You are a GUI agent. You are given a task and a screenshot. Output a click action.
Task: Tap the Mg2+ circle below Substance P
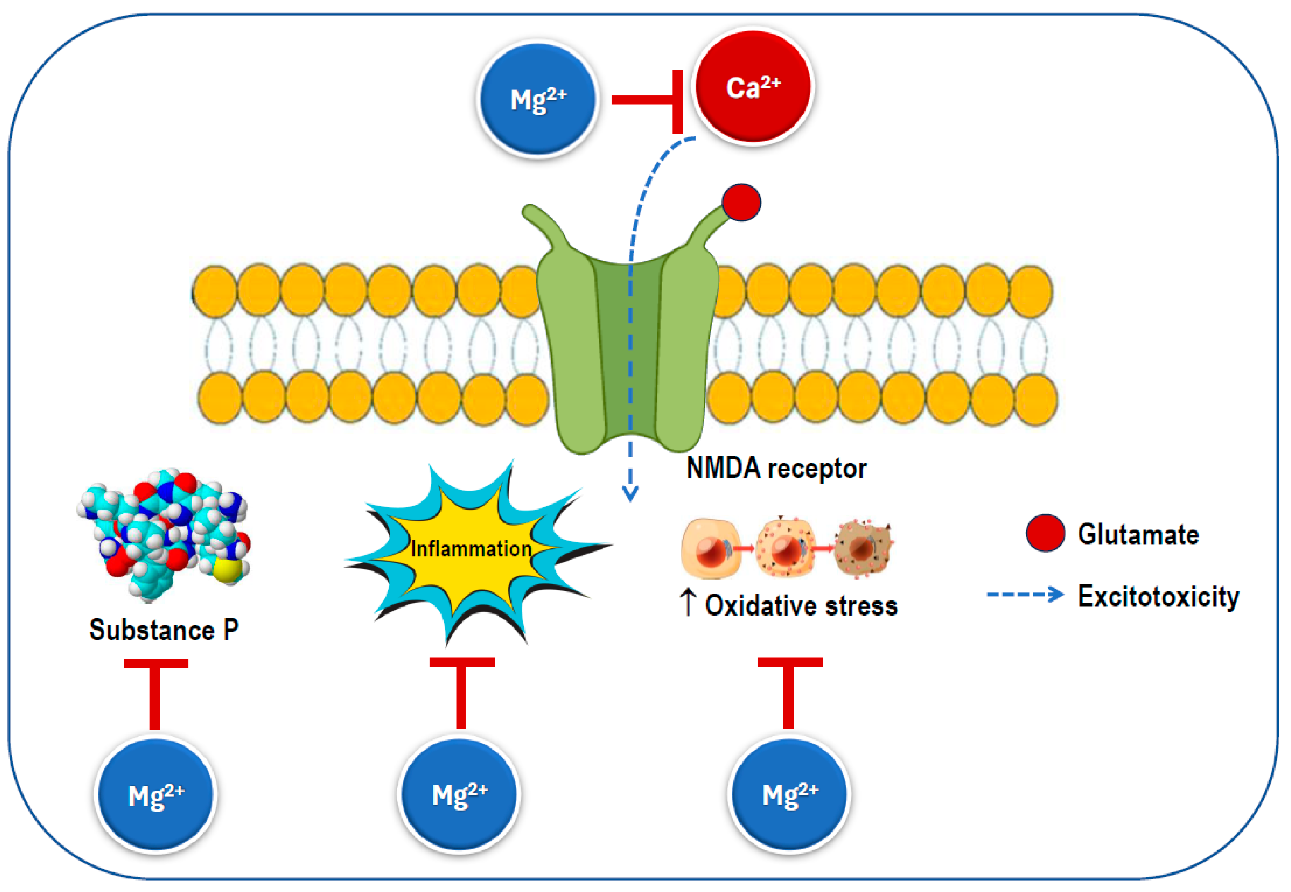(x=155, y=794)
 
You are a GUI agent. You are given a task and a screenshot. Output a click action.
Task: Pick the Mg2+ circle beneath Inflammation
(x=459, y=793)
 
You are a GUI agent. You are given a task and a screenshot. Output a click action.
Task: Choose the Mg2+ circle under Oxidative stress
(x=789, y=793)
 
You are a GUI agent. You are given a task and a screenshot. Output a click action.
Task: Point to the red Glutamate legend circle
(x=1045, y=533)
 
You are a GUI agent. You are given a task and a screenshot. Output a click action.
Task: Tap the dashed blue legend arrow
(x=1024, y=594)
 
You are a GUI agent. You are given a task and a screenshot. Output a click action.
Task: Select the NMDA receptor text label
(x=776, y=468)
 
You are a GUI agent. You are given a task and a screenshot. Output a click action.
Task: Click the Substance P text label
(x=164, y=630)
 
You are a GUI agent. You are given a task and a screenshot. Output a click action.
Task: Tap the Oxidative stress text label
(x=801, y=606)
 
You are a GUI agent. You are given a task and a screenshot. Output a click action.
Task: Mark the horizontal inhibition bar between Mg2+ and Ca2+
(x=643, y=100)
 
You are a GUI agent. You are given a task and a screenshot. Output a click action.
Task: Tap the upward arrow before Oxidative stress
(x=688, y=604)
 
